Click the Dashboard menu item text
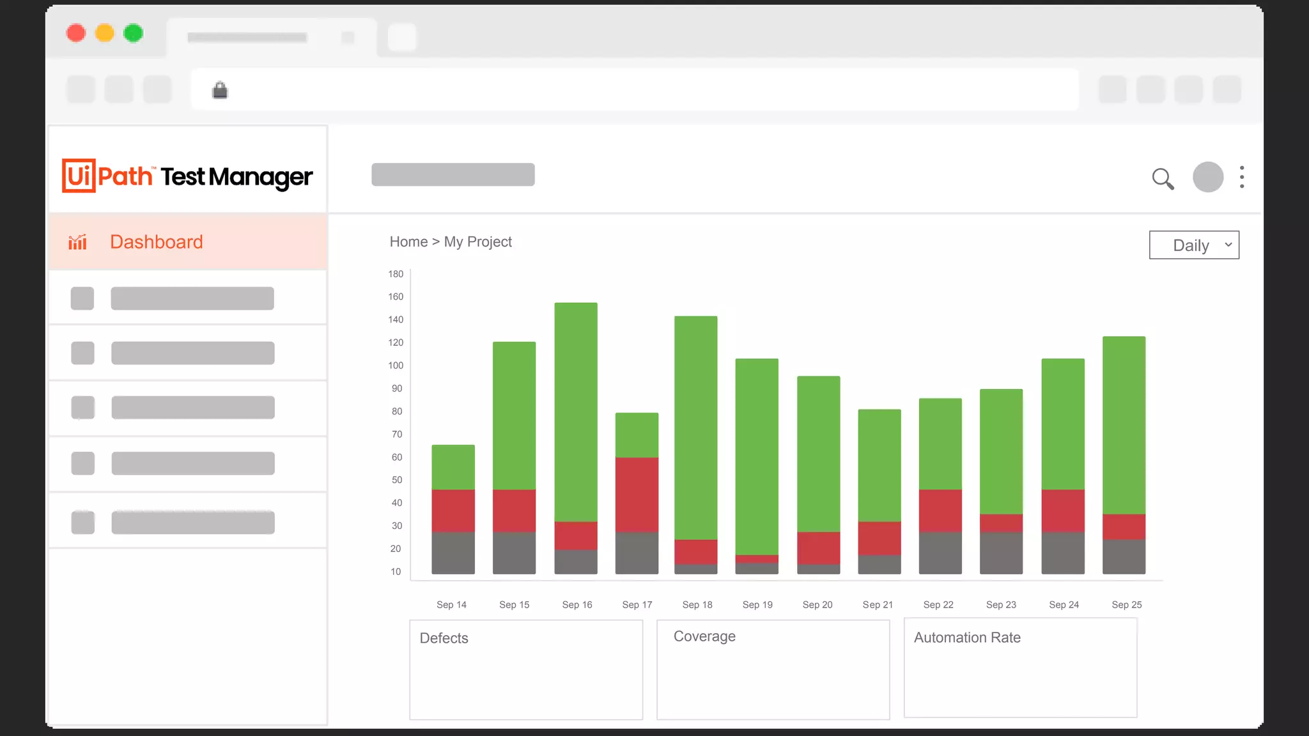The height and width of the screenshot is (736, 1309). point(156,242)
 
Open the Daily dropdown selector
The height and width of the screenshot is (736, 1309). point(1193,245)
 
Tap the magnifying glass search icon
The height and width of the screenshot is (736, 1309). point(1163,178)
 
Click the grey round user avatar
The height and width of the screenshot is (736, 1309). point(1207,177)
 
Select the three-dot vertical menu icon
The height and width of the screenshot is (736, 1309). point(1242,177)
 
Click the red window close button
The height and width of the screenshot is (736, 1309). point(76,33)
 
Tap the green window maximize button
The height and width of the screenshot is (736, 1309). point(133,33)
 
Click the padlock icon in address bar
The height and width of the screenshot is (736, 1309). point(220,90)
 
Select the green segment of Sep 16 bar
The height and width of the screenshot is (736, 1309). point(576,412)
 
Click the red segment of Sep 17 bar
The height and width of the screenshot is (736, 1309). point(637,494)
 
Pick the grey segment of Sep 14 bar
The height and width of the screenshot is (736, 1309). point(453,553)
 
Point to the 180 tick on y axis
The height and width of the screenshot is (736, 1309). point(396,274)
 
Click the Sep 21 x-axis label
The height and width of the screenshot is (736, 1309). point(878,604)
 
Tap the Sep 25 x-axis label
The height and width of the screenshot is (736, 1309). point(1126,604)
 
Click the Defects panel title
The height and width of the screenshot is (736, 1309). point(444,638)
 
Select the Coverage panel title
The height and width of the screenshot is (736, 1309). point(704,636)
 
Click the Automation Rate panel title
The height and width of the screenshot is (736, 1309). point(967,638)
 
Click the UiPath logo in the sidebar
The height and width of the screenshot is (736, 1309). point(107,176)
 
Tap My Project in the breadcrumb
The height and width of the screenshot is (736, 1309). point(477,242)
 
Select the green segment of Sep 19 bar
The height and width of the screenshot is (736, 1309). point(757,457)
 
